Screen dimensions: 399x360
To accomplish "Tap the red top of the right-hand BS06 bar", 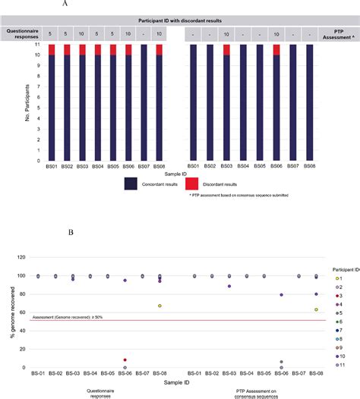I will (x=277, y=49).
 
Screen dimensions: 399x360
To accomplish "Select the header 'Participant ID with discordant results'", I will (x=179, y=18).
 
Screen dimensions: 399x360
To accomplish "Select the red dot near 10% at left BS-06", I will (x=125, y=360).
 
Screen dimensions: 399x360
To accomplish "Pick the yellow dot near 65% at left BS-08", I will (x=159, y=306).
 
